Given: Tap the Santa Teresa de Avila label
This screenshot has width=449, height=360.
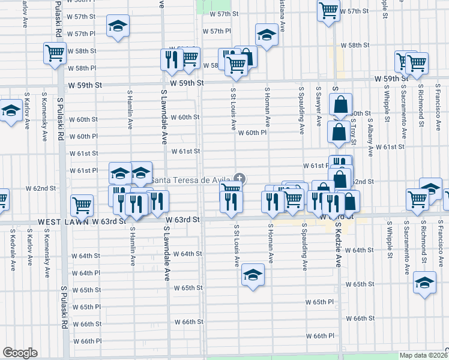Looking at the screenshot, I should (x=191, y=180).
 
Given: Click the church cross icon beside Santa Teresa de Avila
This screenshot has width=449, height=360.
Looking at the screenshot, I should (x=240, y=178).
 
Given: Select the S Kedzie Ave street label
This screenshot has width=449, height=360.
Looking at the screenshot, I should (x=338, y=245).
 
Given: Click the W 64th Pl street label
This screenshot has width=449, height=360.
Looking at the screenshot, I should (x=86, y=273).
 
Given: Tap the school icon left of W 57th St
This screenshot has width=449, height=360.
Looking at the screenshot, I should (x=118, y=26).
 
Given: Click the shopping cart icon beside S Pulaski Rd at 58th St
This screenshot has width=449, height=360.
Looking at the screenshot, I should (x=55, y=53).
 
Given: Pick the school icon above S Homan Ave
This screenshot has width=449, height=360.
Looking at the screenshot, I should (x=266, y=35).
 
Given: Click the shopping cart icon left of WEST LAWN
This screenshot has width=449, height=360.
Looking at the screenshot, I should (x=81, y=205).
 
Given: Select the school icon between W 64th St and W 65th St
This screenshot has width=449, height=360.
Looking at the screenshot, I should (x=253, y=275).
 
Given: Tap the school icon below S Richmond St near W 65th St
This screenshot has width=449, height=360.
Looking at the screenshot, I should (x=425, y=283).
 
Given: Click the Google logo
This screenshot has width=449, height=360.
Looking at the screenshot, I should (x=20, y=353).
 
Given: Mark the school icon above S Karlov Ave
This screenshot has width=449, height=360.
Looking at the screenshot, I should (x=10, y=112).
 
